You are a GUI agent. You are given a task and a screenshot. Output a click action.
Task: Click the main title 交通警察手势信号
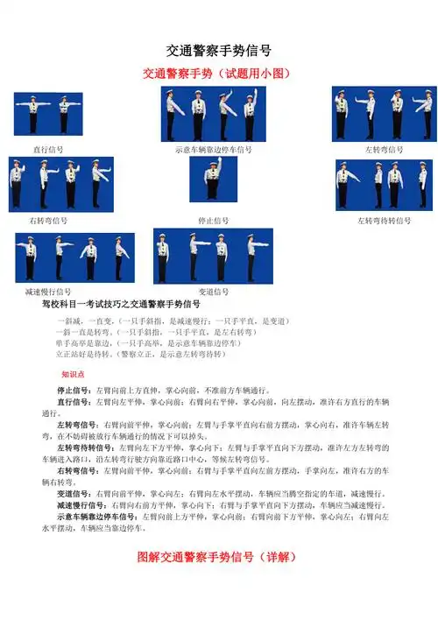(218, 51)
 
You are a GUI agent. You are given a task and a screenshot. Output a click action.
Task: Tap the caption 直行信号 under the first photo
(47, 150)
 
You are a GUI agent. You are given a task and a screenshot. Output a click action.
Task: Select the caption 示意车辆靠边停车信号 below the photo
(214, 150)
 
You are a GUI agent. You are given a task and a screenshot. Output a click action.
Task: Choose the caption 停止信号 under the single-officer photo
(214, 221)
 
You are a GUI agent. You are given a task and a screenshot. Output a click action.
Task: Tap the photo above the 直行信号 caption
(47, 113)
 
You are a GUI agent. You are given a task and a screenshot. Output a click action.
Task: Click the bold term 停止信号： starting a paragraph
(76, 389)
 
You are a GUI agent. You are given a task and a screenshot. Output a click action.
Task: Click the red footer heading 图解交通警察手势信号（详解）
(218, 556)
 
